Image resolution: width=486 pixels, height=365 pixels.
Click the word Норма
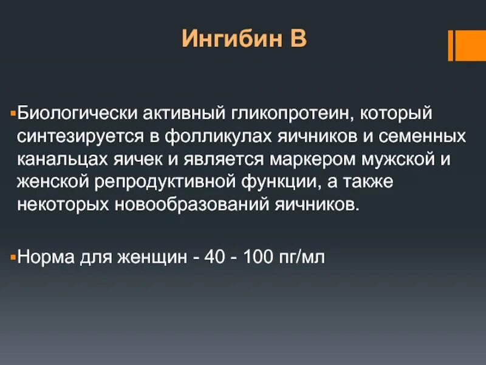[x=46, y=257]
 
